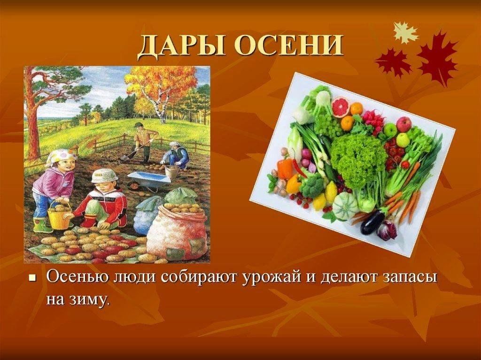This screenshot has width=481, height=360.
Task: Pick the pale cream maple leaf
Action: tap(405, 32)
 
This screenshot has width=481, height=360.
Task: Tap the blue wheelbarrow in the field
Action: tap(149, 180)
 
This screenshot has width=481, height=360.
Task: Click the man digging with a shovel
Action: tap(143, 142)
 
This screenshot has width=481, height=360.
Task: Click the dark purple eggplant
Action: tap(372, 221)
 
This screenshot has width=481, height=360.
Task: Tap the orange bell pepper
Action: tap(285, 169)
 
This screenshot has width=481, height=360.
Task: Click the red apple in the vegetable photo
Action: tap(403, 124)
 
